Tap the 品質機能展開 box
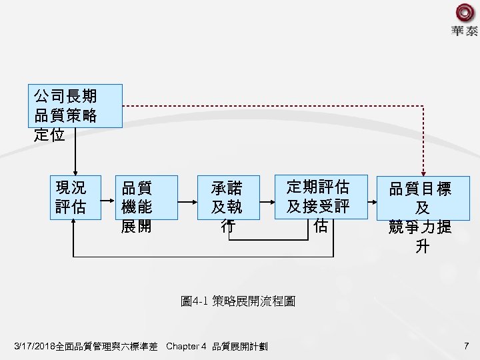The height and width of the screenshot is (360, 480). (146, 197)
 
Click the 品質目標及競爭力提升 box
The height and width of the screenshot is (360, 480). (421, 197)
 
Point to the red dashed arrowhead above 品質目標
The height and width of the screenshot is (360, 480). (421, 170)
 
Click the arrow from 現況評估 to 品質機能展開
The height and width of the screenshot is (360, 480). (108, 197)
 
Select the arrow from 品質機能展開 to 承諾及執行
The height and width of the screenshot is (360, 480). (188, 197)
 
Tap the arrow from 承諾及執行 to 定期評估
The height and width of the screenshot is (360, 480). (265, 197)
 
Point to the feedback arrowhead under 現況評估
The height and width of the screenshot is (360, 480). (74, 224)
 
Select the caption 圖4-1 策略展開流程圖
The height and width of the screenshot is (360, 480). (239, 301)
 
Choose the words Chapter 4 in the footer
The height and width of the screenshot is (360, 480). (185, 347)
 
